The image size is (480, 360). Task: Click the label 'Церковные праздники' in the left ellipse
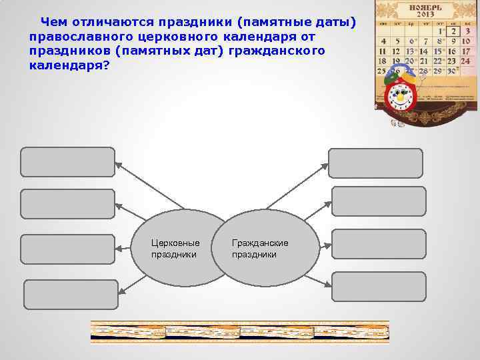pyautogui.click(x=175, y=249)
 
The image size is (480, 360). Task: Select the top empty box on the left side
pyautogui.click(x=67, y=162)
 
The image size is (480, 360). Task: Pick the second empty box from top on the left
pyautogui.click(x=67, y=204)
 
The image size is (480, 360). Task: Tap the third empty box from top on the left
pyautogui.click(x=67, y=249)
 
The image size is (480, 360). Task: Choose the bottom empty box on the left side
pyautogui.click(x=71, y=295)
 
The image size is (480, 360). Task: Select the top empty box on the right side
pyautogui.click(x=375, y=163)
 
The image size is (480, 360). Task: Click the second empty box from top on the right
pyautogui.click(x=378, y=202)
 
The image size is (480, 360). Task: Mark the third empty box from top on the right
pyautogui.click(x=378, y=244)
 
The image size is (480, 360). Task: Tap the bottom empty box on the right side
pyautogui.click(x=378, y=287)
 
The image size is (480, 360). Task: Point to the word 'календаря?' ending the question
pyautogui.click(x=69, y=65)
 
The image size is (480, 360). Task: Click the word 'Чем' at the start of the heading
pyautogui.click(x=54, y=23)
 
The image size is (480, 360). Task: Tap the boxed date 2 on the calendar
pyautogui.click(x=454, y=31)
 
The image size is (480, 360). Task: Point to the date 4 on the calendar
pyautogui.click(x=383, y=41)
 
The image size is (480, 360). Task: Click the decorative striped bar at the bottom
pyautogui.click(x=239, y=331)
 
